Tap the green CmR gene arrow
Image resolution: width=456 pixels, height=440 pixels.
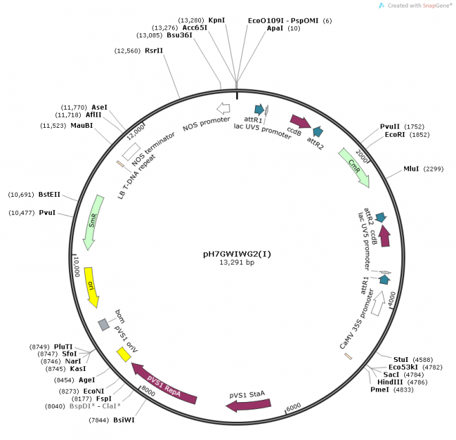pos(354,168)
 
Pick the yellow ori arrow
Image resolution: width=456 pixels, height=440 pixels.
pos(92,285)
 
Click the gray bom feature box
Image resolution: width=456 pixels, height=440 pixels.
pos(104,324)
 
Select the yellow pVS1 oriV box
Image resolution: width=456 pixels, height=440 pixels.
pos(124,354)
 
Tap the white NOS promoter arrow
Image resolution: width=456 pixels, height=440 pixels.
pos(223,108)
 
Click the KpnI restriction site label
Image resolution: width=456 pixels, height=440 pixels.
pos(217,20)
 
